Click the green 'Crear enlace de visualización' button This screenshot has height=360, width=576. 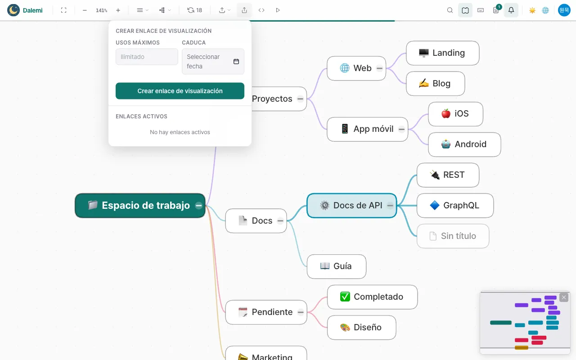point(180,91)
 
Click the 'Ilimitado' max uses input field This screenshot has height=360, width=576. point(147,57)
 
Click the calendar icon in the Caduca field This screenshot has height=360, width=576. point(236,62)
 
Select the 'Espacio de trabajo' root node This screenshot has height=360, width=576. point(140,206)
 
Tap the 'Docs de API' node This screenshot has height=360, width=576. point(351,206)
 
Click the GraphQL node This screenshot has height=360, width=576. point(455,206)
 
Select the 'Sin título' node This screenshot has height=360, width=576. point(453,236)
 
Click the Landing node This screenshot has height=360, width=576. point(442,53)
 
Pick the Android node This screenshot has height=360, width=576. point(464,144)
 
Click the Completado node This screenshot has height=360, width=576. point(372,297)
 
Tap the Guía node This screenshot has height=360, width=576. point(336,266)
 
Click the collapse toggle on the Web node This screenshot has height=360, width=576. point(379,68)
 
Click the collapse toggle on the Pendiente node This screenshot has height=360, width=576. point(300,312)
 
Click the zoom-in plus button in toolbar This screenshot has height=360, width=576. point(118,10)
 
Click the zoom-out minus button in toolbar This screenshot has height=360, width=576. point(85,10)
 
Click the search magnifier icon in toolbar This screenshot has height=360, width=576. point(450,10)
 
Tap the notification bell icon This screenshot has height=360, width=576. point(511,10)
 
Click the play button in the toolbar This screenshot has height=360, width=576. point(278,10)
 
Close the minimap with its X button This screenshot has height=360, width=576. point(564,297)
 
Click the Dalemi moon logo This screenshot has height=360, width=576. point(13,10)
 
